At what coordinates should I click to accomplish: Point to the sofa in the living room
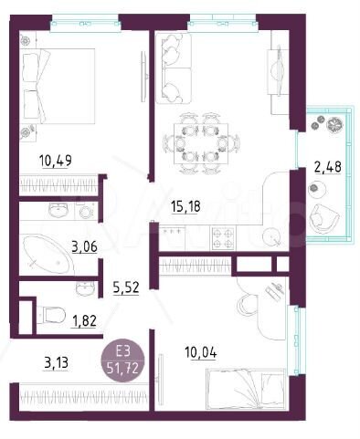point(170,65)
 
